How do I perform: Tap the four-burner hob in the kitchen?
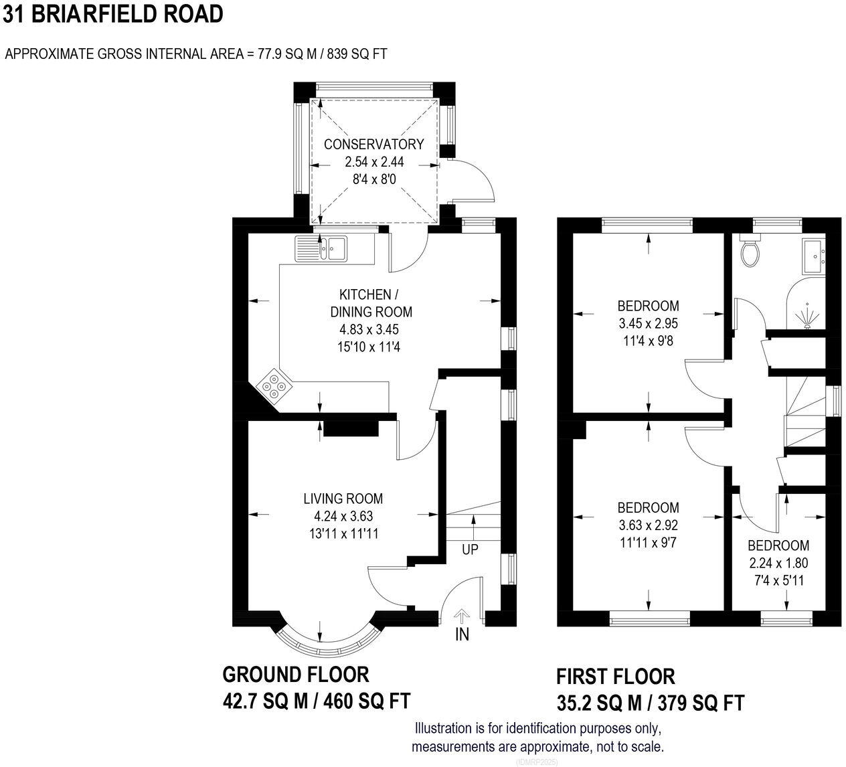(x=274, y=386)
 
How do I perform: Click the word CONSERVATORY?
(x=373, y=144)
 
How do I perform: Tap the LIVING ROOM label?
(x=343, y=498)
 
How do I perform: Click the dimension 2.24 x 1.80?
(x=778, y=563)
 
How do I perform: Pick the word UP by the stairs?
(x=471, y=549)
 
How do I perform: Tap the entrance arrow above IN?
(x=462, y=616)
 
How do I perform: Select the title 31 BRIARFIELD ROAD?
(x=112, y=14)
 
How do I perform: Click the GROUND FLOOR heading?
(x=295, y=674)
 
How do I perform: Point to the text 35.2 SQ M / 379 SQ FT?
(x=650, y=703)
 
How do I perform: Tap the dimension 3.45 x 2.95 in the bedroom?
(x=648, y=323)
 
